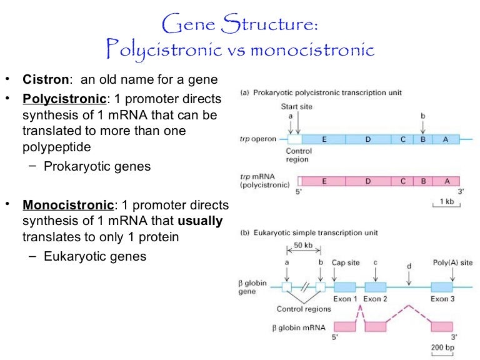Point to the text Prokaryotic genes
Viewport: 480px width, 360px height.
pos(97,166)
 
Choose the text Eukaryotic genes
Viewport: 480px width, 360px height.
pos(95,256)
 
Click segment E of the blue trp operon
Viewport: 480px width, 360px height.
pos(324,139)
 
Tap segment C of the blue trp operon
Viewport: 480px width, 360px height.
pos(403,139)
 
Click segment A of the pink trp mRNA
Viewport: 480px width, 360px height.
pos(446,181)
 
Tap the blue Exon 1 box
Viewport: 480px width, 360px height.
pos(345,287)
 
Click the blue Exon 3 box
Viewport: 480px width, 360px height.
pos(441,287)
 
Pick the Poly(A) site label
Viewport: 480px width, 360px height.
pos(452,262)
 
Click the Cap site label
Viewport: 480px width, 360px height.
pos(346,262)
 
